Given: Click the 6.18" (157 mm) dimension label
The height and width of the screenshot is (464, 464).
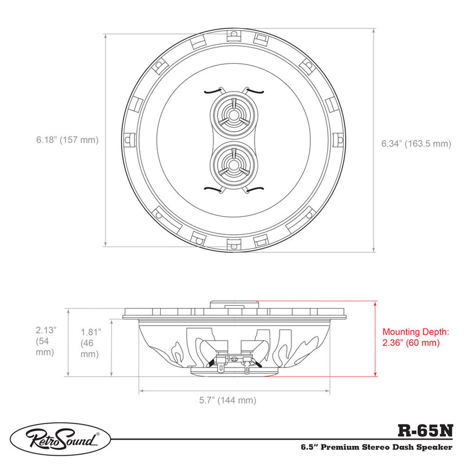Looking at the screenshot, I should coord(67,140).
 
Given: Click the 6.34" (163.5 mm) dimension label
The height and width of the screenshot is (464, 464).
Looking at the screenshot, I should coord(415,143).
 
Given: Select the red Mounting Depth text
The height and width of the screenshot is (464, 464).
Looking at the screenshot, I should coord(415,338).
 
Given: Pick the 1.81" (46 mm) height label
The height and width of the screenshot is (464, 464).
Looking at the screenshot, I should coord(90,342).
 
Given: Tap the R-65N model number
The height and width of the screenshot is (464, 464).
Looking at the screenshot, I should coord(426,430).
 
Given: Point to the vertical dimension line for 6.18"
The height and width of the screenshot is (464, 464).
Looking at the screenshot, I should coord(106,139).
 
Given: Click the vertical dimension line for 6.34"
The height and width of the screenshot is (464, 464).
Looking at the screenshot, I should coord(372,139).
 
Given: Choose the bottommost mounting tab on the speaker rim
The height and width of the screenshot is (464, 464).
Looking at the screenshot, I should coord(234,244).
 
